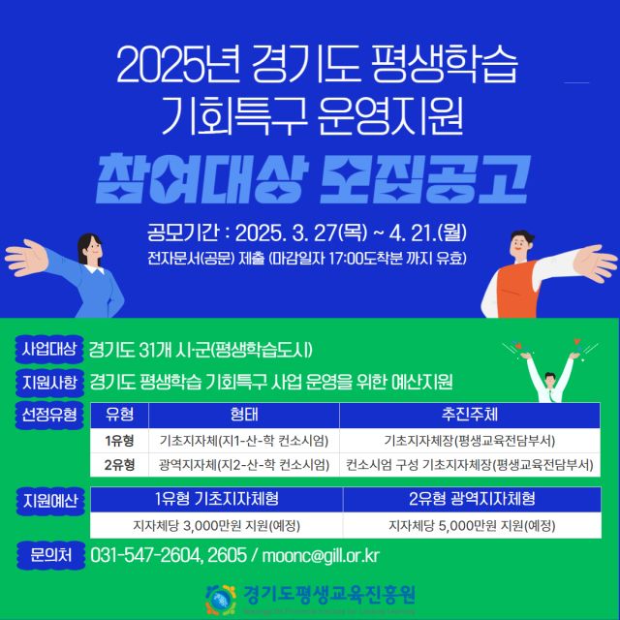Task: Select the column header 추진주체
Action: point(469,416)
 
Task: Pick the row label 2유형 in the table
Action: point(119,465)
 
